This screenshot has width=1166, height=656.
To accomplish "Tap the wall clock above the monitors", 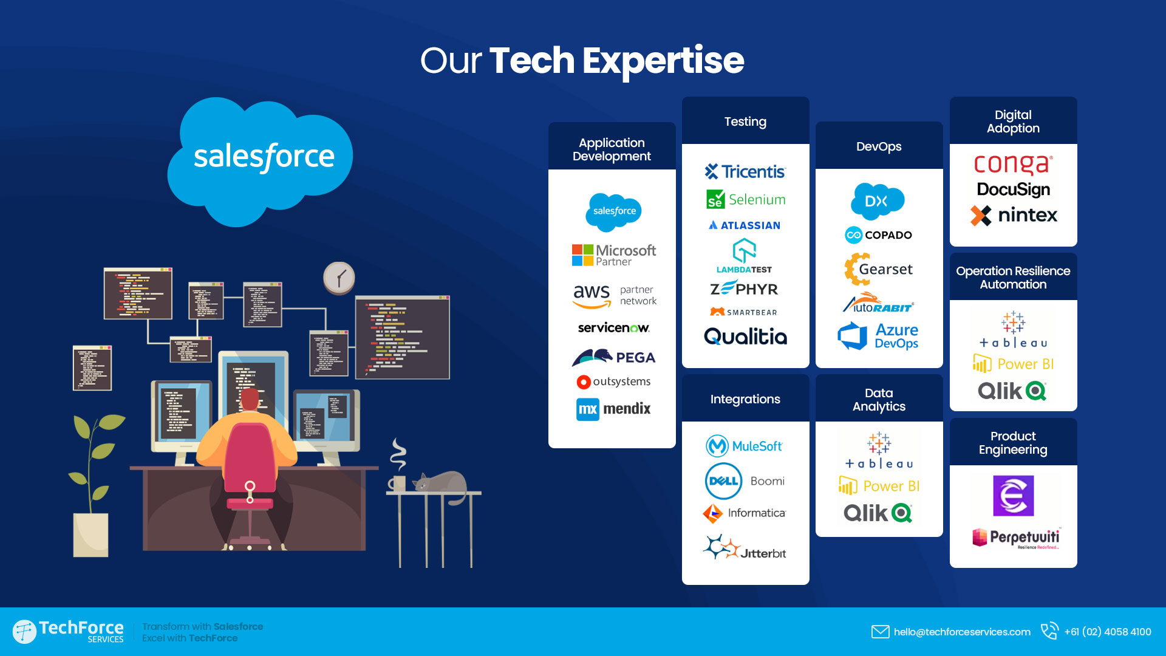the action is [339, 278].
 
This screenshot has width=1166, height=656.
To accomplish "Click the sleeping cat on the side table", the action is [440, 480].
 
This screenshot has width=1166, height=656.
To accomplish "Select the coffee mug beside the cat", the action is [397, 483].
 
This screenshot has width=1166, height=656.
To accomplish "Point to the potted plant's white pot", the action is [90, 535].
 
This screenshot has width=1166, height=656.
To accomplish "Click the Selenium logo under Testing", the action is [746, 199].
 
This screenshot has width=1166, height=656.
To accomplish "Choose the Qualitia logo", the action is [745, 337].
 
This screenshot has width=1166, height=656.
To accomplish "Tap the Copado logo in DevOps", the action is [878, 235].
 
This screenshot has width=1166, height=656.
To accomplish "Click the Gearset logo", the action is [878, 269].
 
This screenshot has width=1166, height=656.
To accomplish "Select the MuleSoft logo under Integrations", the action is [744, 446].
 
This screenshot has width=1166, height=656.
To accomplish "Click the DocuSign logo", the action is [1013, 190].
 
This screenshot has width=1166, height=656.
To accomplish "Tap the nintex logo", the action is [1013, 215].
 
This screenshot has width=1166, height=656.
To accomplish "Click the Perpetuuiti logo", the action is [1016, 538].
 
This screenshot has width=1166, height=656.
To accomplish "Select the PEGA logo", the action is [613, 357].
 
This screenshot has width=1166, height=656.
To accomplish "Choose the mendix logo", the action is [613, 409].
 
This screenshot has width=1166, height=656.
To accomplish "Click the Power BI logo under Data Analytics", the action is [879, 486].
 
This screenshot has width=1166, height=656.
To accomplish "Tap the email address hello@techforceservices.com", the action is [962, 632].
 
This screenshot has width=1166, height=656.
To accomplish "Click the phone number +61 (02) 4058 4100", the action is [1108, 632].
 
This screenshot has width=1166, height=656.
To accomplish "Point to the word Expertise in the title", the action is [663, 61].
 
